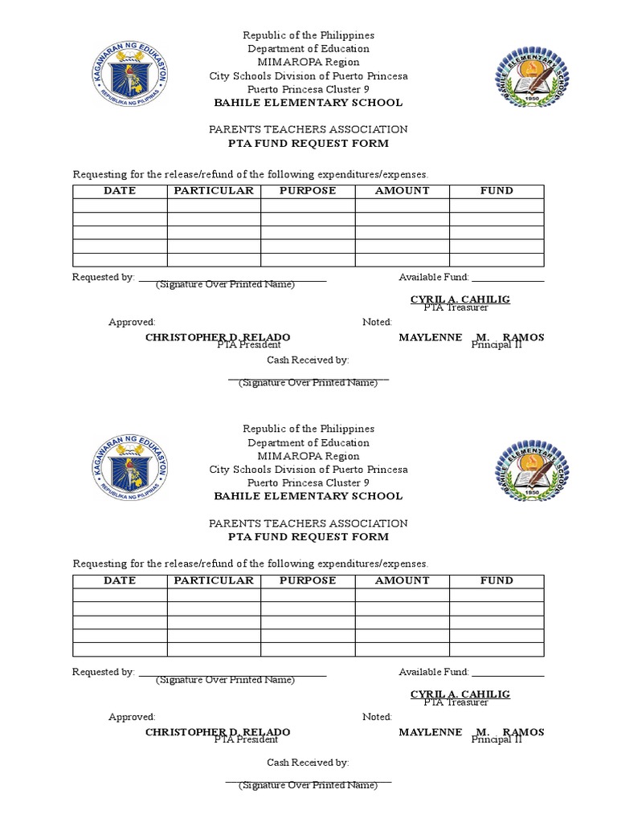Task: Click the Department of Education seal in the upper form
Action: coord(129,76)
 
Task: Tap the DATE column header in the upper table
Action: coord(120,191)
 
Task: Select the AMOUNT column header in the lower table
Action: coord(402,580)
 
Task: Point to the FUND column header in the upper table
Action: coord(496,191)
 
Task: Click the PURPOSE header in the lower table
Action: coord(308,580)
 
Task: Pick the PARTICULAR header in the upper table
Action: coord(214,191)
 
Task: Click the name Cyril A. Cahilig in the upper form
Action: coord(460,299)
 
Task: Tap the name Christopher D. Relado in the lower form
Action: coord(217,732)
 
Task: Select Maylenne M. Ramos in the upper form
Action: coord(471,337)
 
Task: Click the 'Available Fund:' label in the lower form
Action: coord(434,672)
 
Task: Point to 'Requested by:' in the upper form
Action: coord(103,277)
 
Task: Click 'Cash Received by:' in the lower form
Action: coord(308,763)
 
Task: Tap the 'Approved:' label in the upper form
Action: coord(132,322)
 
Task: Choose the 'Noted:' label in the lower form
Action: coord(377,717)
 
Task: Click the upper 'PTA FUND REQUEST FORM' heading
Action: coord(308,144)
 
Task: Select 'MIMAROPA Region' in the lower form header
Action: coord(308,456)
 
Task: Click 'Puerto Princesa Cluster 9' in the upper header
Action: coord(308,89)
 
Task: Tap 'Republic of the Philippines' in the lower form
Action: coord(308,429)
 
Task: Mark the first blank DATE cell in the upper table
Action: coord(120,205)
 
